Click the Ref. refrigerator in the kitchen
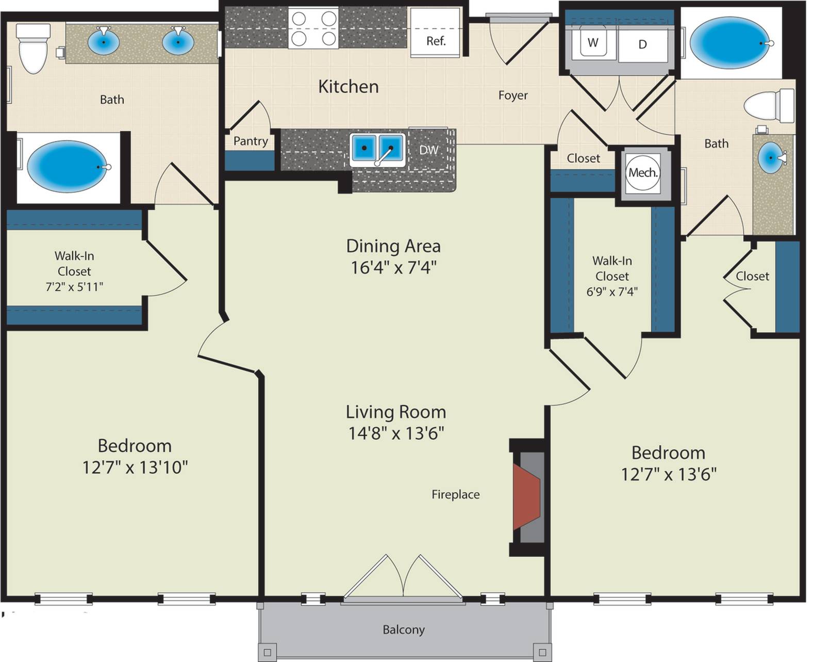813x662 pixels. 435,33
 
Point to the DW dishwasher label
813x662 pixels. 428,150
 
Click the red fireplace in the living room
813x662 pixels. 526,497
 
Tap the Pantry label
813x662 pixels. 251,141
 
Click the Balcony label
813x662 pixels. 404,629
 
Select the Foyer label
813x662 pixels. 513,95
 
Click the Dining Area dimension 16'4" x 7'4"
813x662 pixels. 393,267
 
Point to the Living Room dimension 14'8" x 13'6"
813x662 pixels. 396,433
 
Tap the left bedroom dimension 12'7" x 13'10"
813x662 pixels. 135,467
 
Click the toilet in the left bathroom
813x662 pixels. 34,48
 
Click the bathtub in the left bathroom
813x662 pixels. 67,167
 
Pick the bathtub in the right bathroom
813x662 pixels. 730,43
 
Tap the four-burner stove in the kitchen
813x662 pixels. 313,29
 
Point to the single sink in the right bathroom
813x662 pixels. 770,157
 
